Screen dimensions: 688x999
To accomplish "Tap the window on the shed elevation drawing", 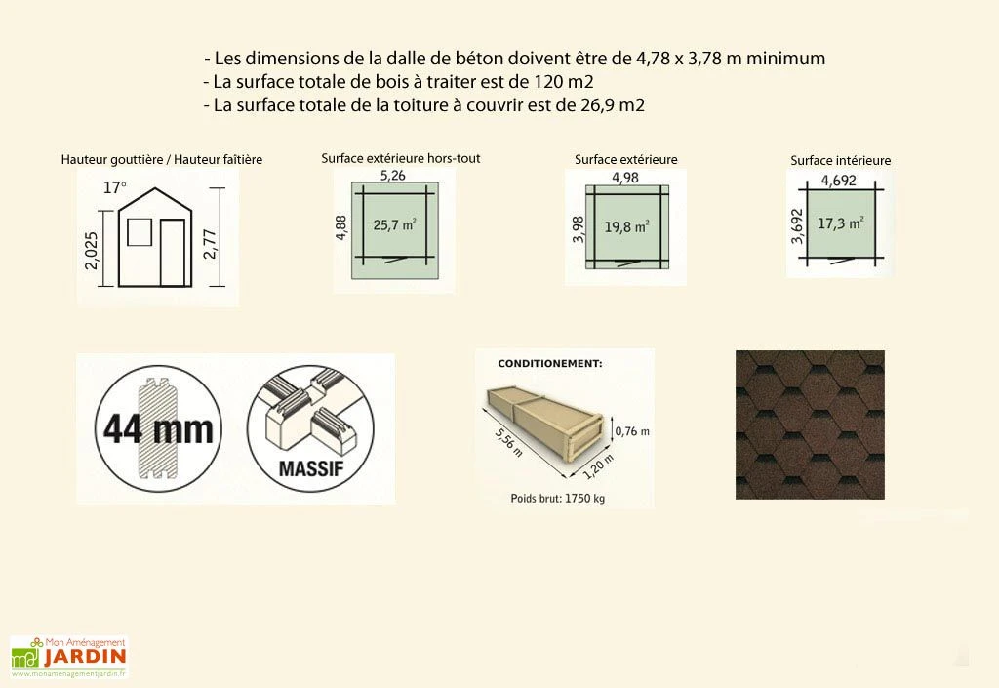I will pyautogui.click(x=139, y=232).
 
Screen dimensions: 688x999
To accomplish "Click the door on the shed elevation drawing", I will pyautogui.click(x=173, y=253).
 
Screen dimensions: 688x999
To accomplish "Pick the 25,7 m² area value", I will pyautogui.click(x=395, y=224).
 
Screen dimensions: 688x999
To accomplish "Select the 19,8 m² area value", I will pyautogui.click(x=626, y=227).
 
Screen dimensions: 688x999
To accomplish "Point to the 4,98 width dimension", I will pyautogui.click(x=625, y=178).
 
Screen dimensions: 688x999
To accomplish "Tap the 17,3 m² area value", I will pyautogui.click(x=841, y=223).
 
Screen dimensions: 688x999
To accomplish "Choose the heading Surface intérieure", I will pyautogui.click(x=840, y=161).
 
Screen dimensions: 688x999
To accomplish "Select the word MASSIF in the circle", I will pyautogui.click(x=310, y=466).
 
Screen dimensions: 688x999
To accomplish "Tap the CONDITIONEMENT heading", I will pyautogui.click(x=550, y=364).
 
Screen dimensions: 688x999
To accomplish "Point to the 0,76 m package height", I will pyautogui.click(x=631, y=429).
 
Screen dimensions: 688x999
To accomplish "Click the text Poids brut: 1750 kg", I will pyautogui.click(x=558, y=498).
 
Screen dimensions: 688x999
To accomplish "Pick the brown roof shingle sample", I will pyautogui.click(x=810, y=425).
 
